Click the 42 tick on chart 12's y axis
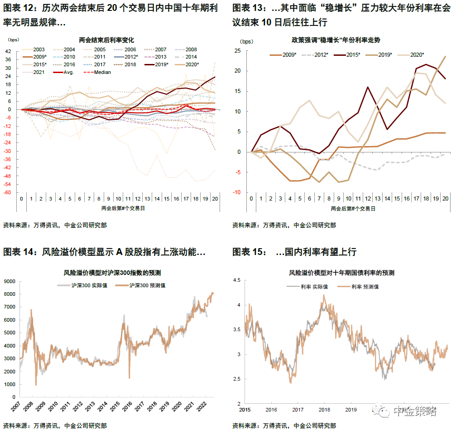[8, 51]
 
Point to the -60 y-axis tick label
[8, 192]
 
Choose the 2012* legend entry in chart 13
[317, 54]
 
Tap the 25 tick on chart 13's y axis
[237, 51]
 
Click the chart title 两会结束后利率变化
[106, 40]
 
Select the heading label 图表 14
[20, 252]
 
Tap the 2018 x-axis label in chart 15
[324, 410]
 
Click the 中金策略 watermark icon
[383, 411]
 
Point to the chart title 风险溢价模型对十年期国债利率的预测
[342, 273]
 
